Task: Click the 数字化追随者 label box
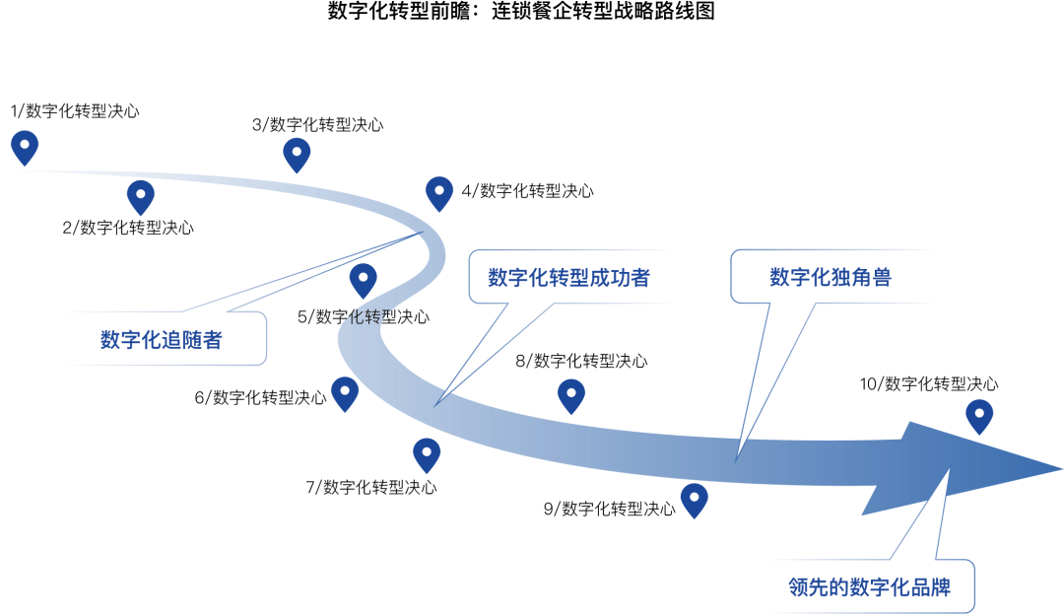click(164, 339)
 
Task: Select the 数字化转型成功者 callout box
click(571, 277)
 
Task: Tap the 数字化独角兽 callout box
click(832, 277)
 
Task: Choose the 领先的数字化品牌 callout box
click(871, 586)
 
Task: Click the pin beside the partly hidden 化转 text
click(363, 280)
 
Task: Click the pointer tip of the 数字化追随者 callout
click(418, 235)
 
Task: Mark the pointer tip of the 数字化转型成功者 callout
click(441, 398)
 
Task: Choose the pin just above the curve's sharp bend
click(438, 193)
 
